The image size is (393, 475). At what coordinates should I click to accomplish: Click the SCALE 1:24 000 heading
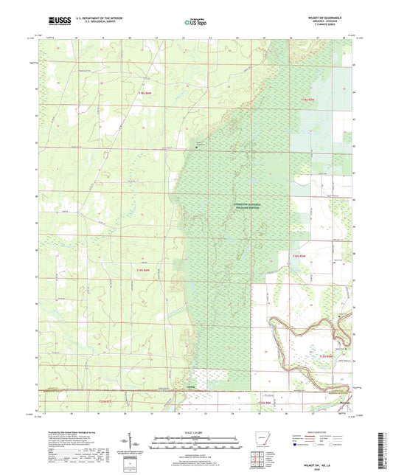coord(196,432)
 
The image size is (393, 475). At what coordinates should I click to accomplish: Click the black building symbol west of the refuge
coord(196,148)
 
